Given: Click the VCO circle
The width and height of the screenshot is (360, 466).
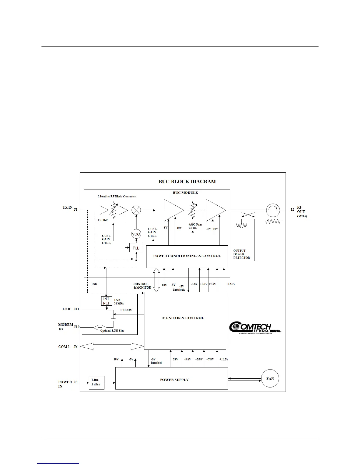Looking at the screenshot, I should (136, 234).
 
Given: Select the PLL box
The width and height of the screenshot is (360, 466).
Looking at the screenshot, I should (136, 248).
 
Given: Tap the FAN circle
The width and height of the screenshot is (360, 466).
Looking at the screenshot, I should (270, 379).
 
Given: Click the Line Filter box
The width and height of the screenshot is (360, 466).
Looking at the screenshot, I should (96, 382).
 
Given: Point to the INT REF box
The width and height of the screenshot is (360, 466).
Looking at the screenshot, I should (106, 301).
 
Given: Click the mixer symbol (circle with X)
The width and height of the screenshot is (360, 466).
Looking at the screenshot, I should (136, 210).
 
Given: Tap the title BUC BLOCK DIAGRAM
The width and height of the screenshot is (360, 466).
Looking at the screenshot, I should (187, 182).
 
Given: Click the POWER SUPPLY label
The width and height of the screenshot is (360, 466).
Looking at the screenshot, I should (174, 380).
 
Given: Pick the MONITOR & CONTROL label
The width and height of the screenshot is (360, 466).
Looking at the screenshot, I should (183, 318).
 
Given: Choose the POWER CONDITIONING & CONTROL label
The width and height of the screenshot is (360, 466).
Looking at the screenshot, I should (187, 256).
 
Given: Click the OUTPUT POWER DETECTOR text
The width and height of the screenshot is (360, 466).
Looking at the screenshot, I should (241, 254).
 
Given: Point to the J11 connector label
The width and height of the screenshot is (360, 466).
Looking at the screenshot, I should (76, 309).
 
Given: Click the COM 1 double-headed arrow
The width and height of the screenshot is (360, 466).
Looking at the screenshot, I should (112, 347).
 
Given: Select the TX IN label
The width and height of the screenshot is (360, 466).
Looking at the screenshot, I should (67, 207).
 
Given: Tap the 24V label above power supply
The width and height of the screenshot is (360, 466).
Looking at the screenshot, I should (175, 360).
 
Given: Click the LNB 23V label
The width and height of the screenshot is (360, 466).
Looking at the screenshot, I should (126, 310).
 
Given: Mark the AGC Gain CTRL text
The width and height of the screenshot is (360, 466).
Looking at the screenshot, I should (195, 226).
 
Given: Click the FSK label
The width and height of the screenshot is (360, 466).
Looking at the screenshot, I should (94, 284).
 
